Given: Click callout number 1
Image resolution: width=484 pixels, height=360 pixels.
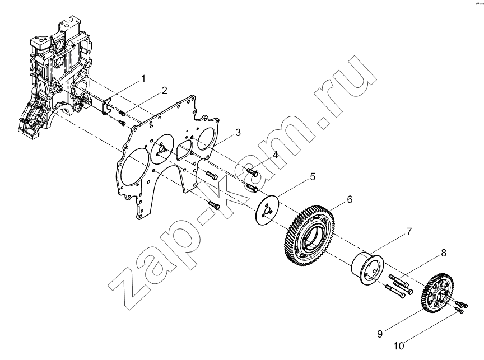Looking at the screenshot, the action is click(x=143, y=79).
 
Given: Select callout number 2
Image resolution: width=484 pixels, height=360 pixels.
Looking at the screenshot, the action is click(x=165, y=90).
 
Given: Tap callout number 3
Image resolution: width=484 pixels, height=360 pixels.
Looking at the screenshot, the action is click(x=238, y=132).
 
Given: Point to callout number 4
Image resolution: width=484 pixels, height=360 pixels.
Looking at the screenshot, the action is click(x=275, y=155).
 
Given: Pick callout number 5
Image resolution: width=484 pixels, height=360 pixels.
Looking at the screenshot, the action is click(x=313, y=177).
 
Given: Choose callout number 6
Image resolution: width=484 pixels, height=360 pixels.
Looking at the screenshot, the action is click(x=350, y=199).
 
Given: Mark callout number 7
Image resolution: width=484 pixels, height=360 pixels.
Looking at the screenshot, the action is click(x=409, y=231).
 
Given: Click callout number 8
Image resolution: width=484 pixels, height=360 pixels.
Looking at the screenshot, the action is click(x=444, y=253).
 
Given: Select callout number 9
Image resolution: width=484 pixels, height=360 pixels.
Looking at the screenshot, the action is click(x=380, y=334).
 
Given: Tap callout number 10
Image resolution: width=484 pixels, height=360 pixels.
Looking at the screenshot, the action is click(x=398, y=346).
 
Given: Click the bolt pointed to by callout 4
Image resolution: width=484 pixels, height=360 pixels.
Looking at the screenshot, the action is click(x=253, y=171).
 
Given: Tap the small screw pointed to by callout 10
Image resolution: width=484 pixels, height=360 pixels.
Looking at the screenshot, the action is click(x=459, y=310).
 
